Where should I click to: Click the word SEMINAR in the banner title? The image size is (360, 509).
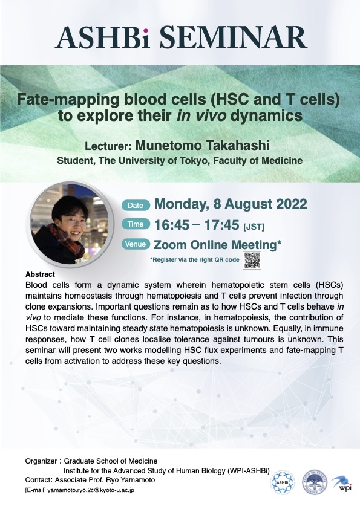click(x=233, y=37)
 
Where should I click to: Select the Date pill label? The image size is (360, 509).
click(x=136, y=205)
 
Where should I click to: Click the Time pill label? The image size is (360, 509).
click(x=136, y=224)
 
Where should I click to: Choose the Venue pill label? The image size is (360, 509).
click(x=136, y=244)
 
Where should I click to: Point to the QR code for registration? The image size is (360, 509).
click(x=252, y=260)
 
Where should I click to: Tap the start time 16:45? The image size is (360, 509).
click(x=172, y=225)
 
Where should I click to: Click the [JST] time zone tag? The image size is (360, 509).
click(x=254, y=226)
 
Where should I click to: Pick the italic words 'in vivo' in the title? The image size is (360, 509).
click(x=201, y=116)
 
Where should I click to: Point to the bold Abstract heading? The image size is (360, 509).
click(x=41, y=274)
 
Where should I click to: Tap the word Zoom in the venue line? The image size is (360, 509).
click(x=169, y=245)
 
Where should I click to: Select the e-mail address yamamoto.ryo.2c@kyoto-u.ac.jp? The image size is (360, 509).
click(x=91, y=490)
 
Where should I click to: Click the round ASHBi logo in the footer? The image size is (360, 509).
click(x=283, y=482)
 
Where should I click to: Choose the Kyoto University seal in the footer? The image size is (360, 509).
click(x=315, y=482)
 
